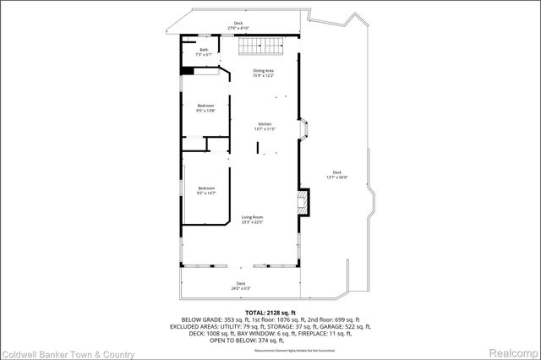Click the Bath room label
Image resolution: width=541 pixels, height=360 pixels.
coord(204,52)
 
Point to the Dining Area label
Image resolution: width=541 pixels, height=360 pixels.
coord(264,73)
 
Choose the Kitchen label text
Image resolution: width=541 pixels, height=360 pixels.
coord(266,127)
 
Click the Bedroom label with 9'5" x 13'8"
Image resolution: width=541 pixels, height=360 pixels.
coord(206,107)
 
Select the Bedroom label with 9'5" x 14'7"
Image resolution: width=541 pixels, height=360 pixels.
coord(206,190)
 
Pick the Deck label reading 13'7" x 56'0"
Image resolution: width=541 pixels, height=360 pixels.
coord(337,174)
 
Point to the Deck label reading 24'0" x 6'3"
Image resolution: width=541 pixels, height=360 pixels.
coord(241,285)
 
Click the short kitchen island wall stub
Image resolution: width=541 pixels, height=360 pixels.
coord(259,148)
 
